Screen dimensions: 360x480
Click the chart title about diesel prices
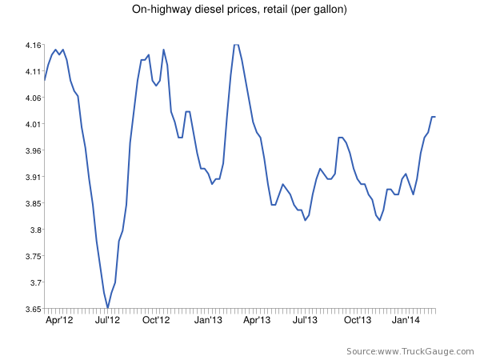click(239, 10)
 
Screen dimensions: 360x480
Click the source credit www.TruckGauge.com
click(408, 351)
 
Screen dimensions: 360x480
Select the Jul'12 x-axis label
click(107, 320)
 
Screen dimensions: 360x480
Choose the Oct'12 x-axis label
click(157, 320)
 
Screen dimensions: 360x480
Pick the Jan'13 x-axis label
click(208, 320)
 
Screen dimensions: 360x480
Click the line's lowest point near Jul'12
click(107, 307)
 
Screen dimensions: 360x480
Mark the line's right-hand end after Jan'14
click(435, 117)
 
